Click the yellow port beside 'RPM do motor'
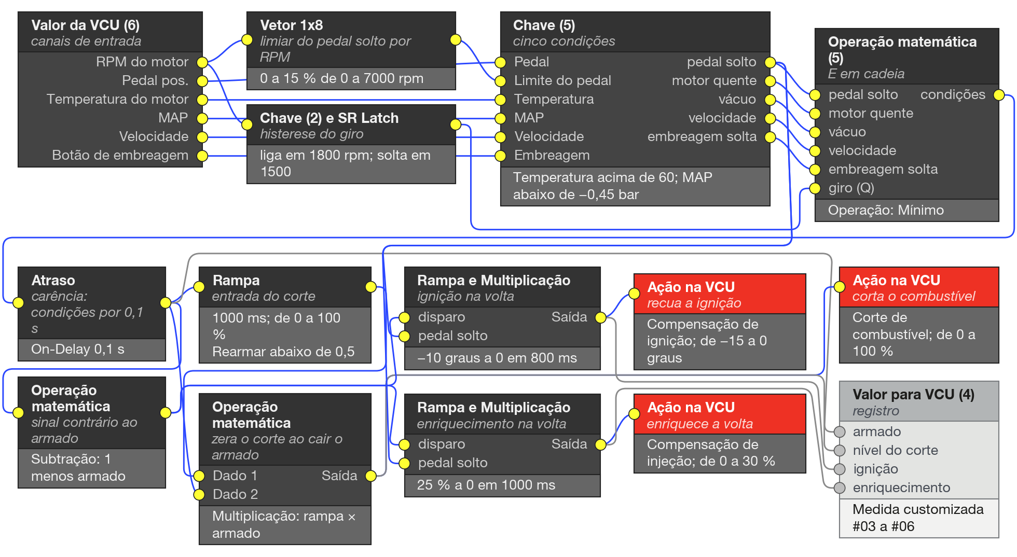202,63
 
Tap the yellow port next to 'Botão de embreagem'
202,156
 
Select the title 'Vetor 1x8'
291,25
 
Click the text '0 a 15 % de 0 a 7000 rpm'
341,78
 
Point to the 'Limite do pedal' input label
562,80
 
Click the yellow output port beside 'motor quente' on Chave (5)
770,81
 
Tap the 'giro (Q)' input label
851,188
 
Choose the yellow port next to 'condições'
998,95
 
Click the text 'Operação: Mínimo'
886,210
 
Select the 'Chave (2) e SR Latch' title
329,118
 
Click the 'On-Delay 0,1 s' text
77,349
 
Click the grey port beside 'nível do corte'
840,450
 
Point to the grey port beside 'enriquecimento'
840,488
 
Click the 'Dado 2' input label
235,494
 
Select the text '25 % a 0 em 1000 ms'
486,485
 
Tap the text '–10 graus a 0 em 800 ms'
497,358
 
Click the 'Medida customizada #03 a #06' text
918,518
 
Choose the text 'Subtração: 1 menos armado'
78,467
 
